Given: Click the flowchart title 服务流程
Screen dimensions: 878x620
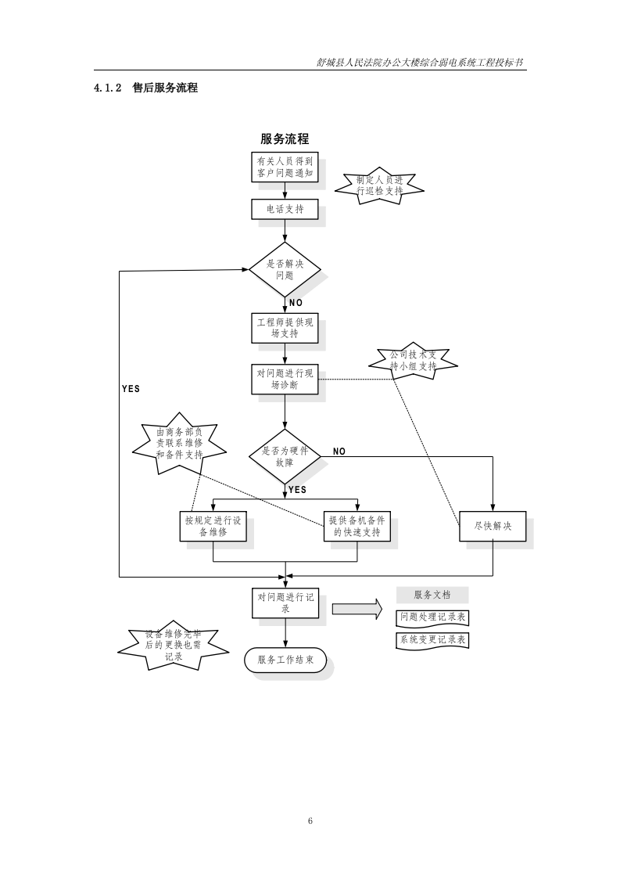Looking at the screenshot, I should tap(285, 139).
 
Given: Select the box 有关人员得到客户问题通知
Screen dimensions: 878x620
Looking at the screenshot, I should tap(285, 167).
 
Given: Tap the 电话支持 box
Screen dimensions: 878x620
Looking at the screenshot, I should tap(285, 209).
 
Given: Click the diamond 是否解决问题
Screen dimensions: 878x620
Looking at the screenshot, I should tap(285, 269).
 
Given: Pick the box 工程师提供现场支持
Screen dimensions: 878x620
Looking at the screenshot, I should tap(285, 328).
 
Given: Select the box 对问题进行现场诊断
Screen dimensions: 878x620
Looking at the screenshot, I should tap(285, 380).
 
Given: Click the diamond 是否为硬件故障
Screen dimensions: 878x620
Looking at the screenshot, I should tap(285, 457).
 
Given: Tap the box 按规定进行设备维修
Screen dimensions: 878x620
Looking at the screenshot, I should tap(213, 526).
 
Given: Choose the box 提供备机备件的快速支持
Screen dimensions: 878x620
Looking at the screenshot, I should tap(357, 526).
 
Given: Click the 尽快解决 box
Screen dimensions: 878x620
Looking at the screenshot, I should tap(493, 526).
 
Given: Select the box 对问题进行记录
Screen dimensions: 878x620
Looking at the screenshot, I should tap(285, 602).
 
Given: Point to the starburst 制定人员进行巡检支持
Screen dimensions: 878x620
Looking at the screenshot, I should tap(379, 185).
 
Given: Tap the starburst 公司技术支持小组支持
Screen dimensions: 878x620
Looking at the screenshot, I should tap(414, 361).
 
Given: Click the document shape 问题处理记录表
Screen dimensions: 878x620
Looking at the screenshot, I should tap(432, 617).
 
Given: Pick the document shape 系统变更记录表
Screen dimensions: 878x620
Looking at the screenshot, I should tap(432, 639).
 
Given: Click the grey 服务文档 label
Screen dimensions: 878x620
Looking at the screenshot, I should tap(432, 595).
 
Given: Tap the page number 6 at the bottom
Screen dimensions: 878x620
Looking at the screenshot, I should tap(310, 820).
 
